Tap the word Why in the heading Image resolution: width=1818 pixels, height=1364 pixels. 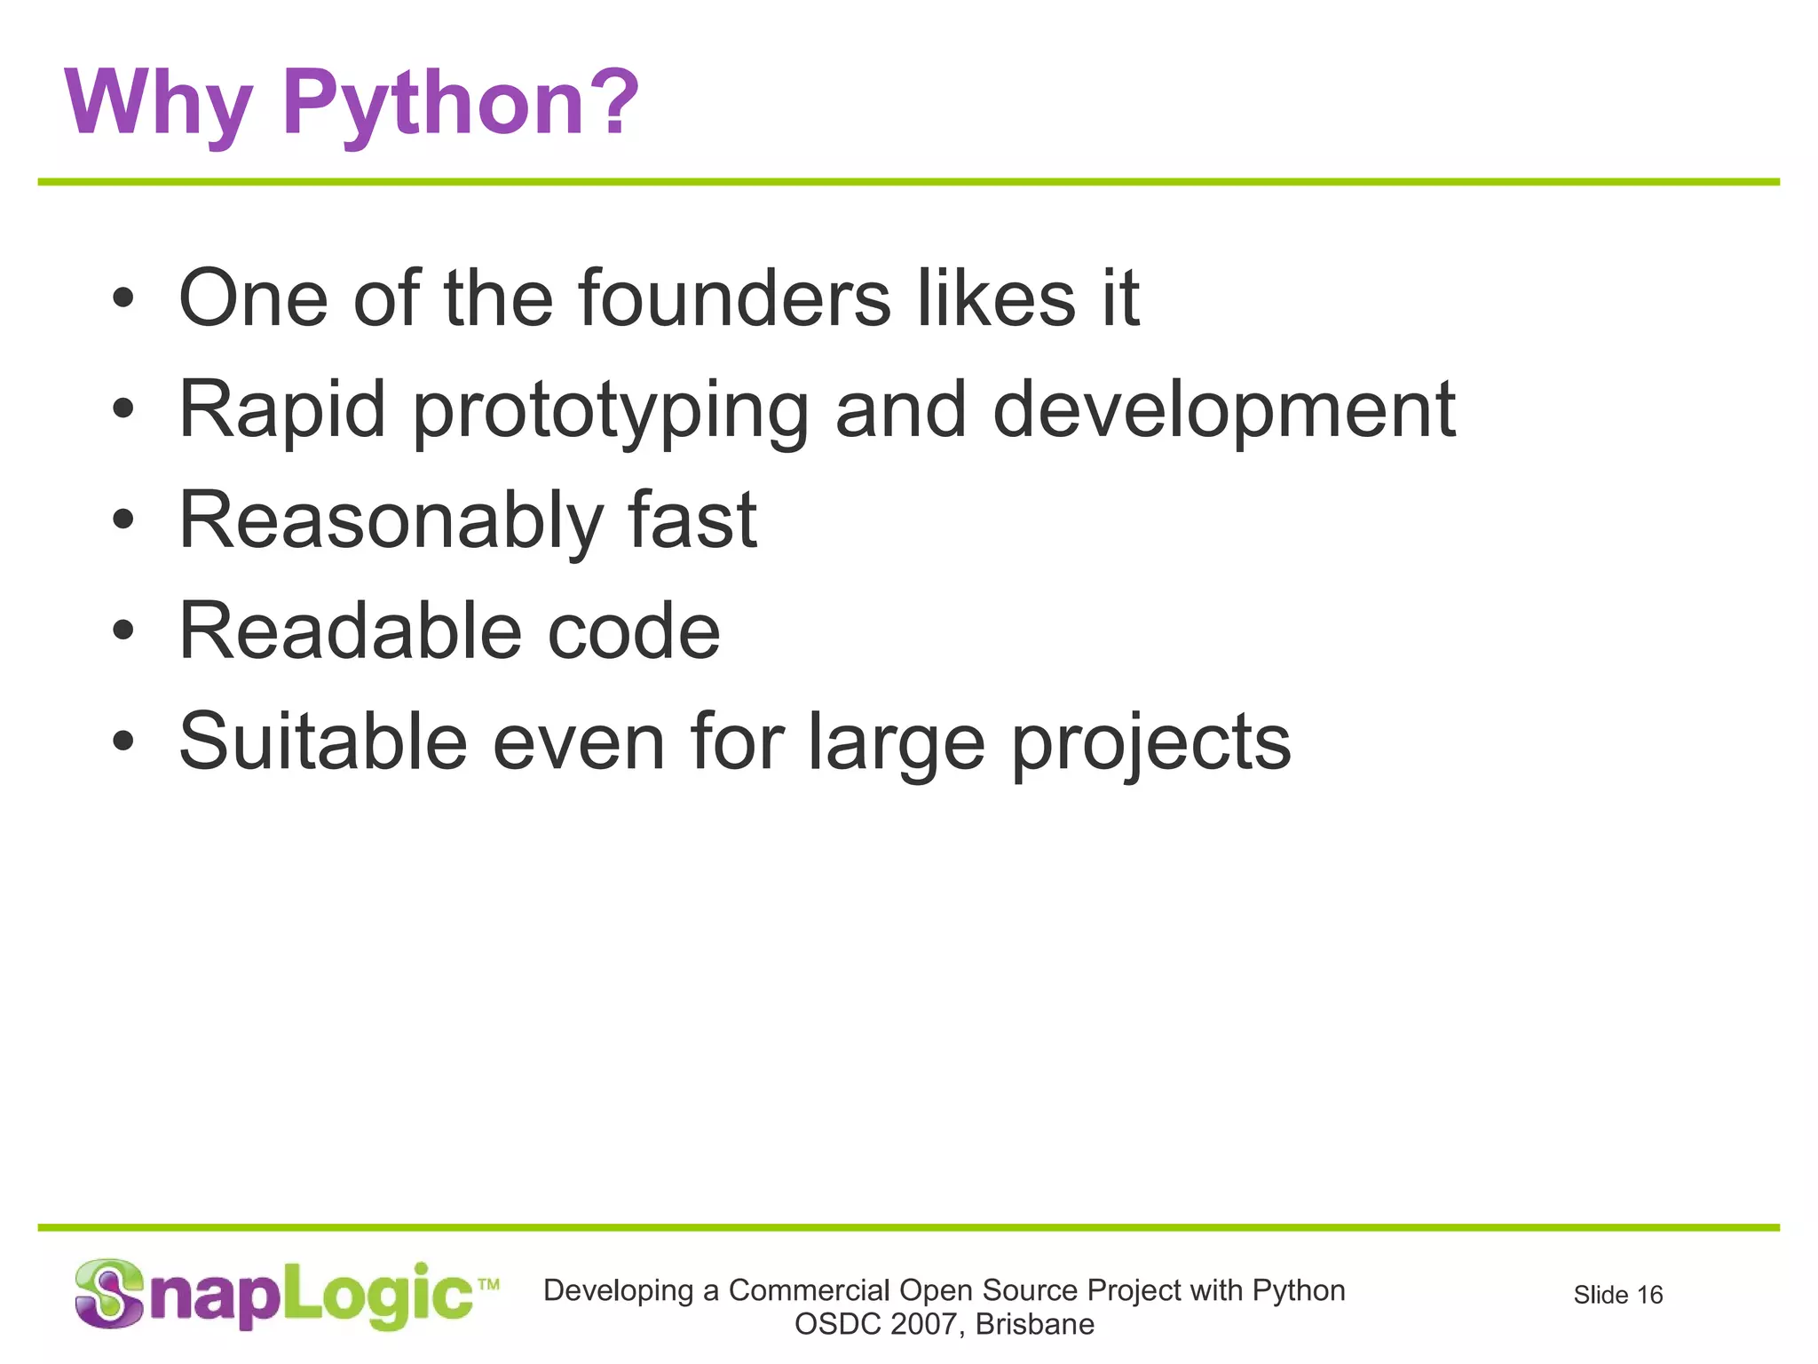pos(158,105)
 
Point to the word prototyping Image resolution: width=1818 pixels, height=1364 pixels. pos(611,411)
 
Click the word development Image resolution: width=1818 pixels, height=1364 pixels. pos(1224,411)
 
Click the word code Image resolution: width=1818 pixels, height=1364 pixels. pos(634,631)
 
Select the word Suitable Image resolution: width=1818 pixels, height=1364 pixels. pos(323,741)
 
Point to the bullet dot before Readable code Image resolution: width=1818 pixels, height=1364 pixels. pos(123,631)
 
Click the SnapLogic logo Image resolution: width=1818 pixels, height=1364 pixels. pos(286,1296)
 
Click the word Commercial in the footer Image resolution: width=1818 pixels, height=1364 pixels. pos(810,1290)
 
